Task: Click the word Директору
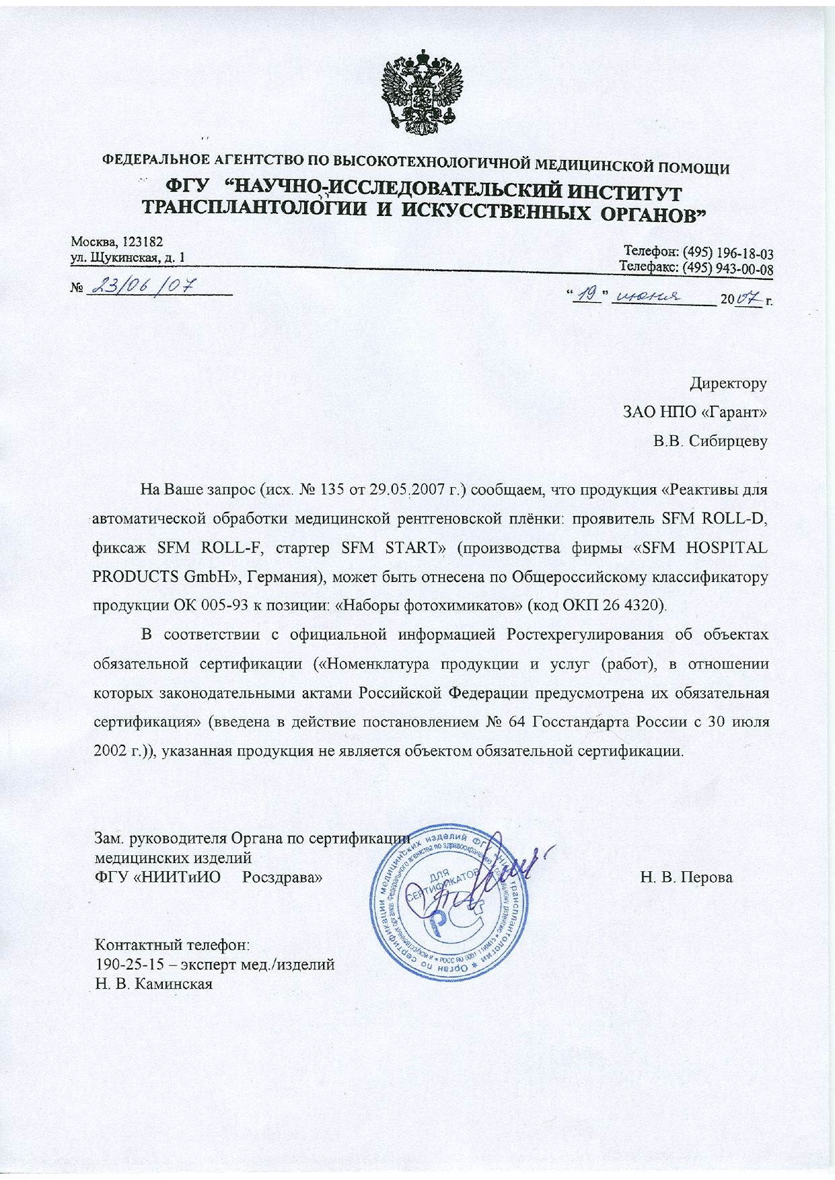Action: [x=728, y=383]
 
